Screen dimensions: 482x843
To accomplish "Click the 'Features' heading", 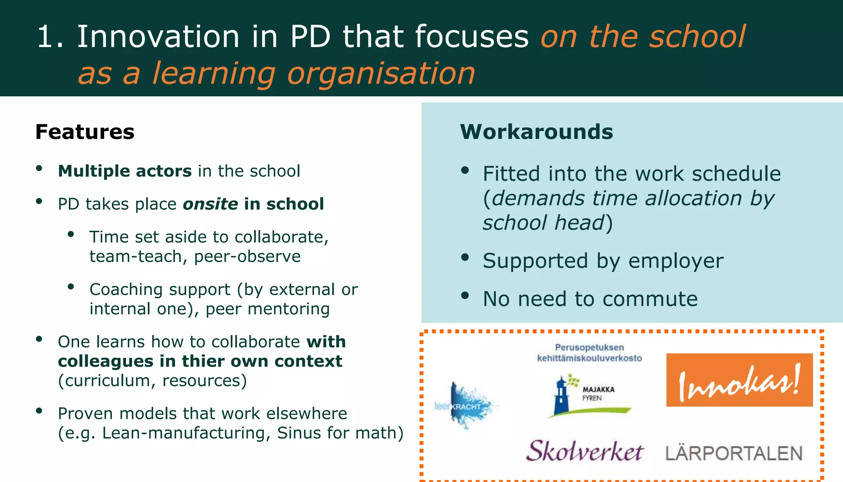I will click(85, 132).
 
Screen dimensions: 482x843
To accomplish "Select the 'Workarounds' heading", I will click(536, 132).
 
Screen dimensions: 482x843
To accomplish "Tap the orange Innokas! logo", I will click(739, 380).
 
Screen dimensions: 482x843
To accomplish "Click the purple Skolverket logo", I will click(585, 451).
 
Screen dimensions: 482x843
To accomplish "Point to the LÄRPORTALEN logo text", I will click(734, 453).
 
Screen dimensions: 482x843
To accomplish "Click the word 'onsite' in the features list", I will click(210, 204).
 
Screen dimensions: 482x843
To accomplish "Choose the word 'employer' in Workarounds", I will click(676, 261).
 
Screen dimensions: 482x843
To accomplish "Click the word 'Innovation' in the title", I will click(158, 37).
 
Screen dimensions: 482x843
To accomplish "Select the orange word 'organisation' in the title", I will click(381, 74).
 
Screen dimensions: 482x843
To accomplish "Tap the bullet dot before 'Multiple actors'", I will click(39, 168).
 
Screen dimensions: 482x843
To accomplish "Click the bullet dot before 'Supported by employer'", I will click(465, 258).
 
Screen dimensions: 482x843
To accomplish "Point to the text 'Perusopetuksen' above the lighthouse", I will click(589, 347).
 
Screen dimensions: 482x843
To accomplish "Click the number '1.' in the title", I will click(50, 37).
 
